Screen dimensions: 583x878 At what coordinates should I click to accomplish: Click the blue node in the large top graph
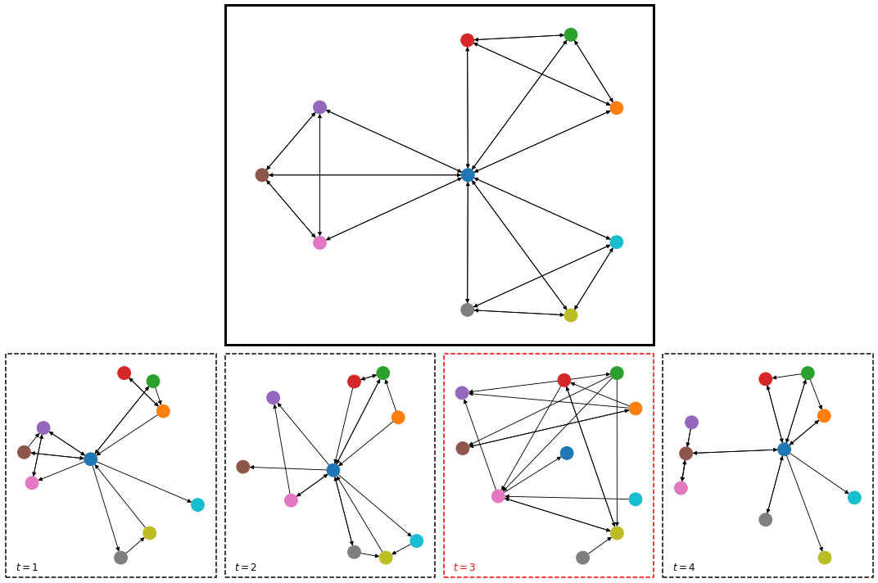pyautogui.click(x=468, y=174)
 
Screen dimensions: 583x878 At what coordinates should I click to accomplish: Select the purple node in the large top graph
pyautogui.click(x=319, y=107)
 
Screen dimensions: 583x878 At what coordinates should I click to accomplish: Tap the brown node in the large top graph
pyautogui.click(x=262, y=174)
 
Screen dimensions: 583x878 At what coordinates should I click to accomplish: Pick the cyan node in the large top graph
pyautogui.click(x=616, y=242)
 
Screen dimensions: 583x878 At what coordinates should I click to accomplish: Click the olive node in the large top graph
pyautogui.click(x=571, y=315)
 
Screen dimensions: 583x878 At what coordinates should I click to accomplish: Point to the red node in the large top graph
pyautogui.click(x=467, y=40)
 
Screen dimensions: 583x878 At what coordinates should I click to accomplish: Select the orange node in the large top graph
pyautogui.click(x=616, y=108)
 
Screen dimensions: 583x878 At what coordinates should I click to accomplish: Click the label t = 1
pyautogui.click(x=27, y=567)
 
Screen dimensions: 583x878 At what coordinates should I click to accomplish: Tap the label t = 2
pyautogui.click(x=246, y=567)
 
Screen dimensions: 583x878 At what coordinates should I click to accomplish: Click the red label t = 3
pyautogui.click(x=464, y=567)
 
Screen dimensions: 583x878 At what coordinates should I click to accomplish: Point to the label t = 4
pyautogui.click(x=684, y=567)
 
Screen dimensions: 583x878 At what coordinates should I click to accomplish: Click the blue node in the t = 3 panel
pyautogui.click(x=567, y=453)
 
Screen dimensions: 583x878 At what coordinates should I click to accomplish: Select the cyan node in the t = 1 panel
pyautogui.click(x=197, y=504)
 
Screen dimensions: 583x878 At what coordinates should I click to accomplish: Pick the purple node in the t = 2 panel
pyautogui.click(x=273, y=398)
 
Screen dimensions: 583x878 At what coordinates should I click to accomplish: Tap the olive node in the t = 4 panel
pyautogui.click(x=824, y=558)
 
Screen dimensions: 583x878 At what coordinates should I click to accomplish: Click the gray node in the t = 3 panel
pyautogui.click(x=582, y=558)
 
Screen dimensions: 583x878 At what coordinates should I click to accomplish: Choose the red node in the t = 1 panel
pyautogui.click(x=124, y=373)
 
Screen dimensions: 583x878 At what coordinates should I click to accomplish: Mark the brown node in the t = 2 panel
pyautogui.click(x=242, y=467)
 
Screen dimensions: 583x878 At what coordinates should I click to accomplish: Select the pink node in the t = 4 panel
pyautogui.click(x=681, y=488)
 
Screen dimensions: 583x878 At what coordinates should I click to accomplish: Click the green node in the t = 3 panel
pyautogui.click(x=617, y=373)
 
